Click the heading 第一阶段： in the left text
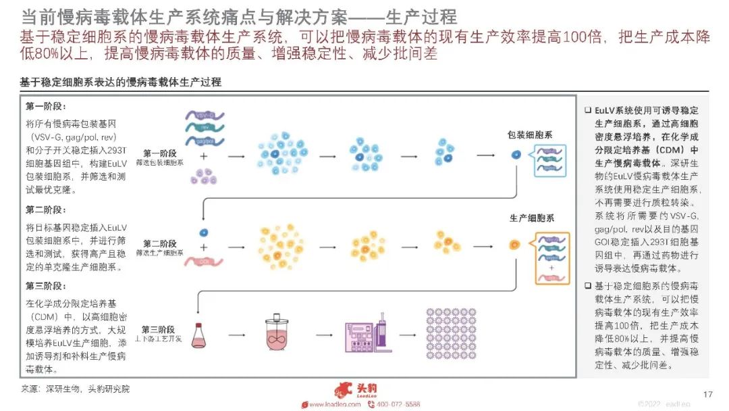[46, 107]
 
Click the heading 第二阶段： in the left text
[46, 210]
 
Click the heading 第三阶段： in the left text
[46, 286]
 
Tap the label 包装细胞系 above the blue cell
[531, 135]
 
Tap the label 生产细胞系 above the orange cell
[531, 218]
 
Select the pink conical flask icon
[200, 335]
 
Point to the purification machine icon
[368, 333]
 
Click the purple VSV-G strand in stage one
[205, 116]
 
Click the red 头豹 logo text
[365, 389]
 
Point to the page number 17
[708, 394]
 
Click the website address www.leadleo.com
[335, 404]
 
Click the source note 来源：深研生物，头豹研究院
[75, 389]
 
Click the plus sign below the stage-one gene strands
[203, 156]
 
